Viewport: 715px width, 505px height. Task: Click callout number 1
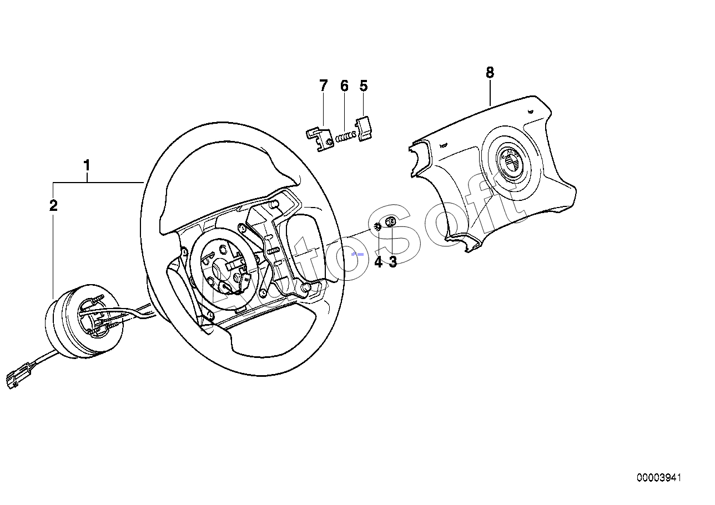pos(87,165)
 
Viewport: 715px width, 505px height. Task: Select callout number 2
pos(53,206)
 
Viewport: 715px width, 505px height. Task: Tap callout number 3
pos(393,262)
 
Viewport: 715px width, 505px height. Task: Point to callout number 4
pos(379,262)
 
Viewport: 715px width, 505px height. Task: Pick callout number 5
pos(364,86)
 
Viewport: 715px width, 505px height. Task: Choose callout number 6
pos(344,86)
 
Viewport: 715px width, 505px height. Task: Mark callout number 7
pos(324,86)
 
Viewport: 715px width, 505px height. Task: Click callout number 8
pos(490,72)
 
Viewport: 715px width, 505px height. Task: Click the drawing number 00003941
pos(659,477)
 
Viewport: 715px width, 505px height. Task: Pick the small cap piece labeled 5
pos(364,128)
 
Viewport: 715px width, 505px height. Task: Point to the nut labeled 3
pos(390,222)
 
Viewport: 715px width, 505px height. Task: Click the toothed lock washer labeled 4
pos(378,226)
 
